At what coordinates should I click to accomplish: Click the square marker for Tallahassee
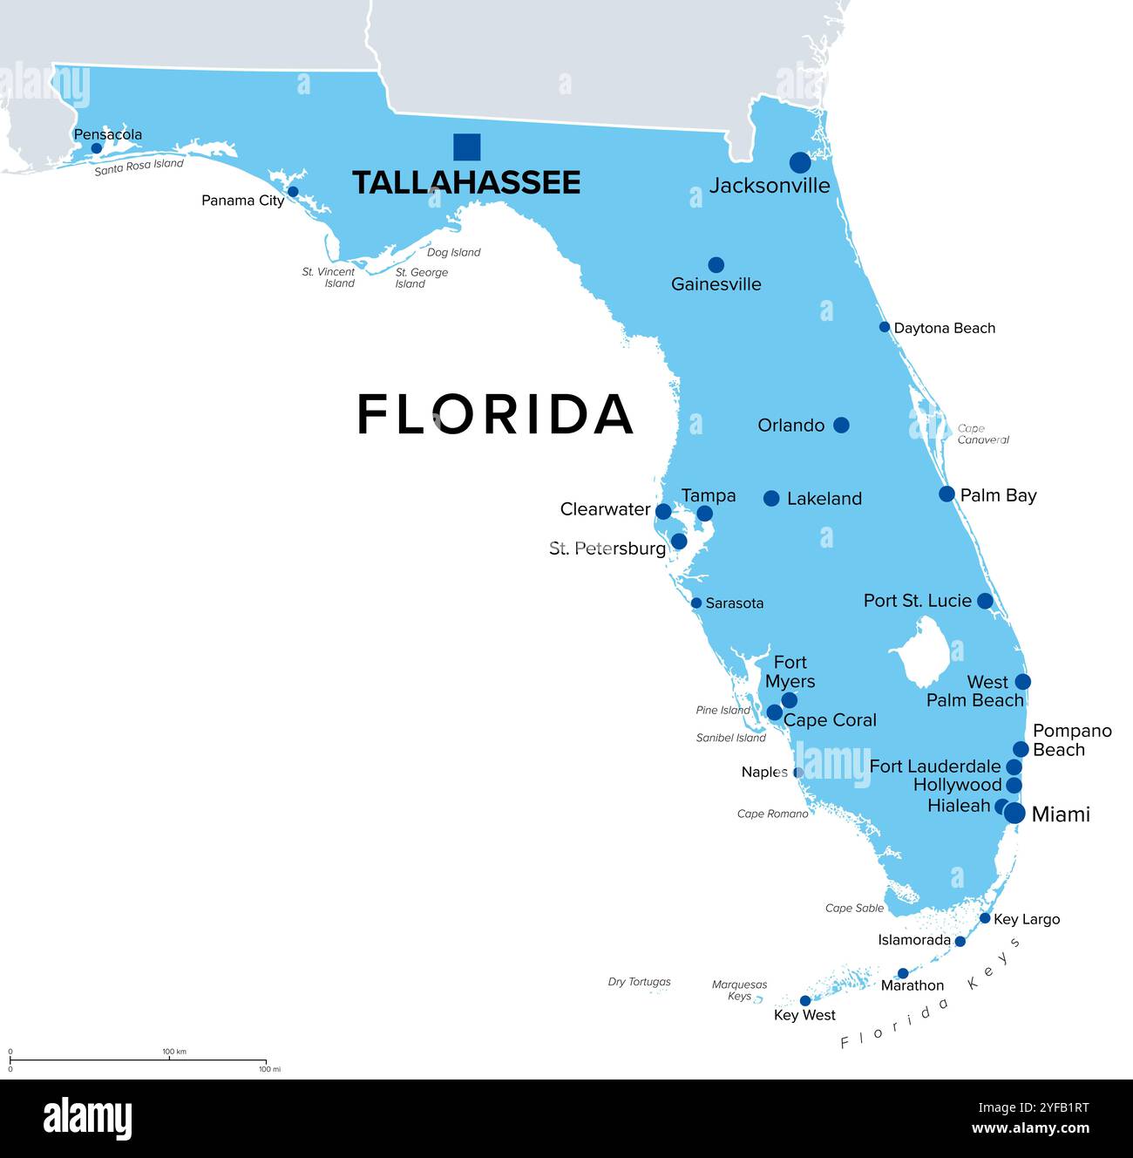[466, 147]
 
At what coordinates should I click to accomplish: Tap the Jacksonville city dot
[800, 162]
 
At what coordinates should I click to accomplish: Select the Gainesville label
[716, 284]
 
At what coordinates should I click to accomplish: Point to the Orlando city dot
[841, 425]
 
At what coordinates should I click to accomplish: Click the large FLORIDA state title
[495, 414]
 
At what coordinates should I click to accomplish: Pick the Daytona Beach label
[944, 328]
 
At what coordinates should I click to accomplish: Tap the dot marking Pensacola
[97, 148]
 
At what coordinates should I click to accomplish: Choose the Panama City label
[242, 201]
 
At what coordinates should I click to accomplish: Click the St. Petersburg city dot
[679, 542]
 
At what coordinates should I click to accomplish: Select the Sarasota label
[734, 603]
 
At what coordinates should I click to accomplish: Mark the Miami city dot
[1014, 814]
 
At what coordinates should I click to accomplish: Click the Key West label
[804, 1015]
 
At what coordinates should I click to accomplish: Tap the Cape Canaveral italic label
[982, 434]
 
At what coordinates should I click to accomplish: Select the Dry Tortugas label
[639, 982]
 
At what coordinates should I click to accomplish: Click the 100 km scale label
[174, 1052]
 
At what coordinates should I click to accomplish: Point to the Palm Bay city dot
[946, 494]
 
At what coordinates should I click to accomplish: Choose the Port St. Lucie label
[917, 601]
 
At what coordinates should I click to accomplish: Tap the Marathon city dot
[903, 973]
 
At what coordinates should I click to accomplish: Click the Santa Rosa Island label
[139, 167]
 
